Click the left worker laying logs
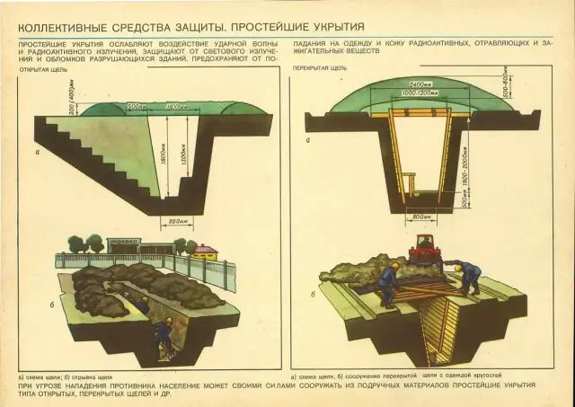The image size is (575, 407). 389,283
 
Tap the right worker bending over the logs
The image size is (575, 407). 467,277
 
